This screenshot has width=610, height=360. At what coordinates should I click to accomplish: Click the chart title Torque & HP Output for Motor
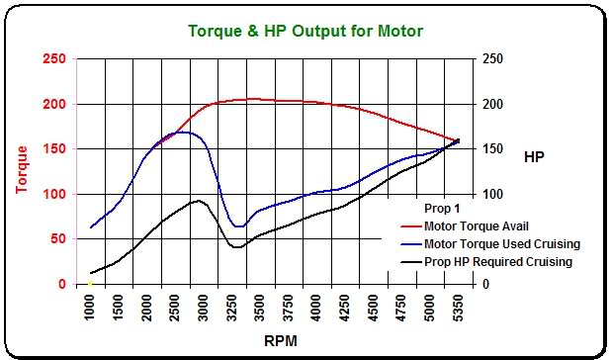point(305,31)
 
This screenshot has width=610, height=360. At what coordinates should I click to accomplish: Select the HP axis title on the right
point(534,155)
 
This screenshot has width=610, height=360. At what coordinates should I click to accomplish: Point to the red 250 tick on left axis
point(55,59)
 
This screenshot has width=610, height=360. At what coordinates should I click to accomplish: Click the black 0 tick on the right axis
point(484,285)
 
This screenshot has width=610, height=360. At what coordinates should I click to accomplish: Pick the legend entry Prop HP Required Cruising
point(496,262)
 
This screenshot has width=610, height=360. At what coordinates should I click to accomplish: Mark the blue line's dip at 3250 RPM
point(237,226)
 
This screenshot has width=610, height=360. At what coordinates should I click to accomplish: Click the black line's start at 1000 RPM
point(91,273)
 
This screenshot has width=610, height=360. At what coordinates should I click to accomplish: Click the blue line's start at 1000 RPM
point(91,227)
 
